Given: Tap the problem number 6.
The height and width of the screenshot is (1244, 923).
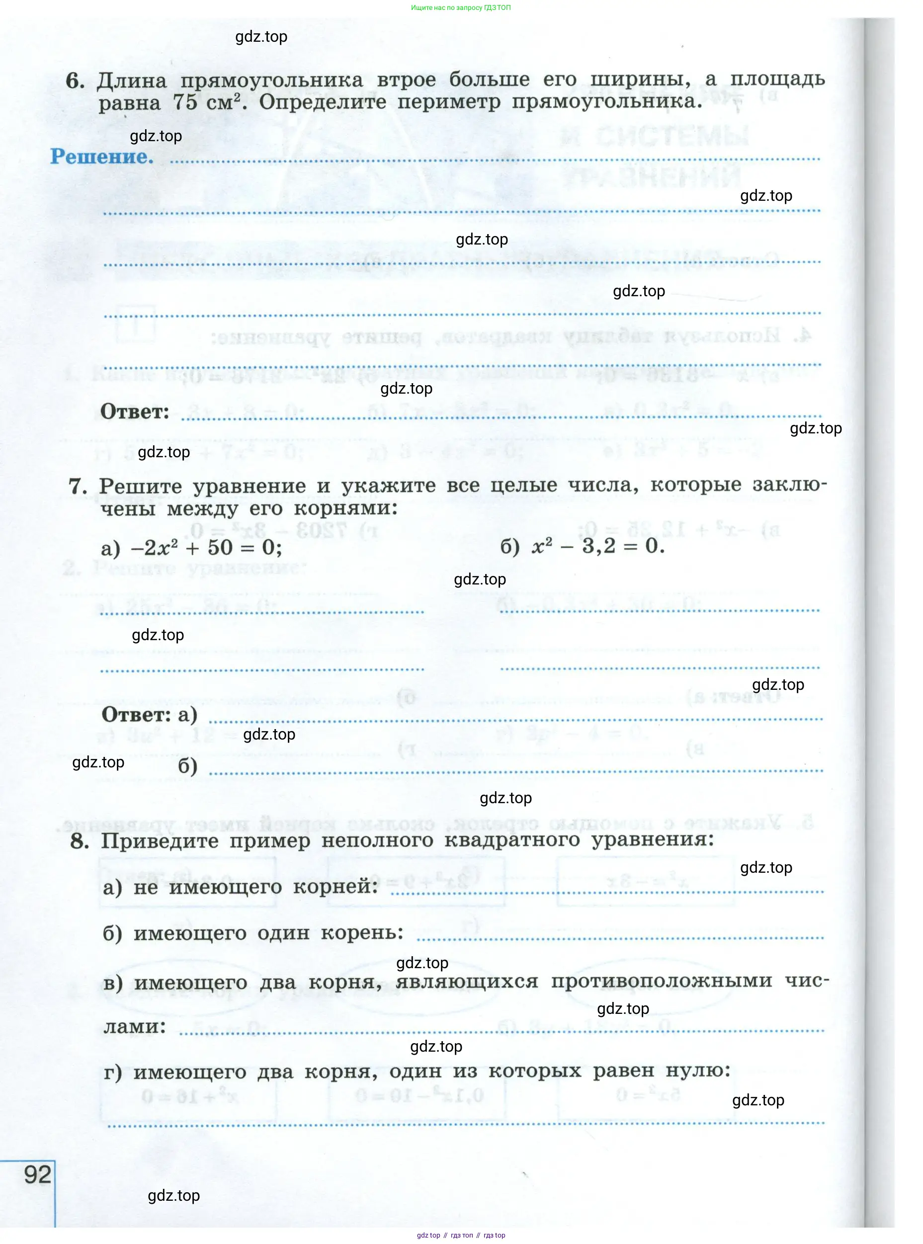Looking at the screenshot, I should (x=75, y=81).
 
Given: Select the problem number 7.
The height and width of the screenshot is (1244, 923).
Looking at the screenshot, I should (x=78, y=486).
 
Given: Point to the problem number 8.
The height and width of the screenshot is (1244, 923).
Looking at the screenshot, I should (x=80, y=841).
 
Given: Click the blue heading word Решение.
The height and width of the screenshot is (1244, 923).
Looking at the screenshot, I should (x=102, y=157).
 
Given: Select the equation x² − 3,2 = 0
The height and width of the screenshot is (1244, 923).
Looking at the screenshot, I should (x=597, y=546).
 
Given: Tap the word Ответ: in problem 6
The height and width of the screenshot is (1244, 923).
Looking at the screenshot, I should (x=135, y=412).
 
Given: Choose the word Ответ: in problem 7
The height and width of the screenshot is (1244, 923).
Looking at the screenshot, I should (x=136, y=715).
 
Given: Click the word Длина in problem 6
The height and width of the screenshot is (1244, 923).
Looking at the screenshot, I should (x=132, y=81).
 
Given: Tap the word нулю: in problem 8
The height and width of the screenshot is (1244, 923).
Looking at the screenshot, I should (x=698, y=1070).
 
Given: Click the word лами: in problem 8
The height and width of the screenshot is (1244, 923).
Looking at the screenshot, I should (x=135, y=1026).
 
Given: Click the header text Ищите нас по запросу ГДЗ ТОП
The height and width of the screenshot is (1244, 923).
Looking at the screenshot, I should (x=461, y=8).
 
